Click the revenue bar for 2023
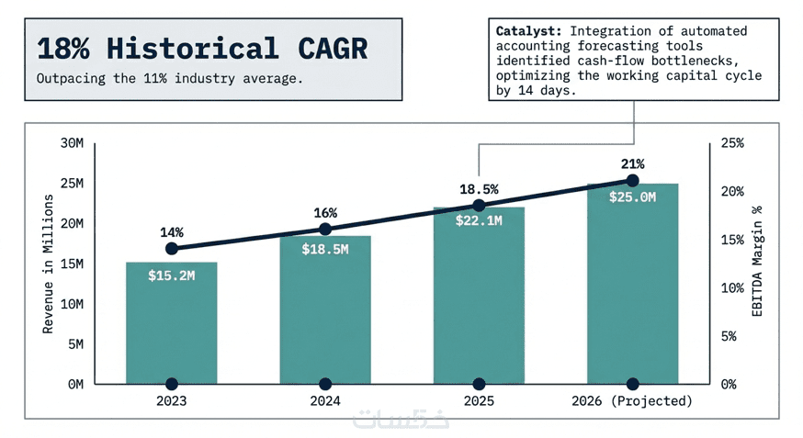(x=172, y=331)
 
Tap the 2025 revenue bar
(x=479, y=303)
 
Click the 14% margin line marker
(x=172, y=249)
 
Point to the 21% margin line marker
(x=632, y=181)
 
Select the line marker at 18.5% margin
(x=479, y=206)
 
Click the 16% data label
(x=325, y=213)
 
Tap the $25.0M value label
(x=632, y=197)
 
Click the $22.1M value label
(x=479, y=220)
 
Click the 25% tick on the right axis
(x=732, y=143)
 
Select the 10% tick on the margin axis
(x=732, y=287)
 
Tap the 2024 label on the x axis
(x=325, y=402)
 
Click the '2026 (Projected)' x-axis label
(x=632, y=402)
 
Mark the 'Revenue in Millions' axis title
(x=49, y=264)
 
